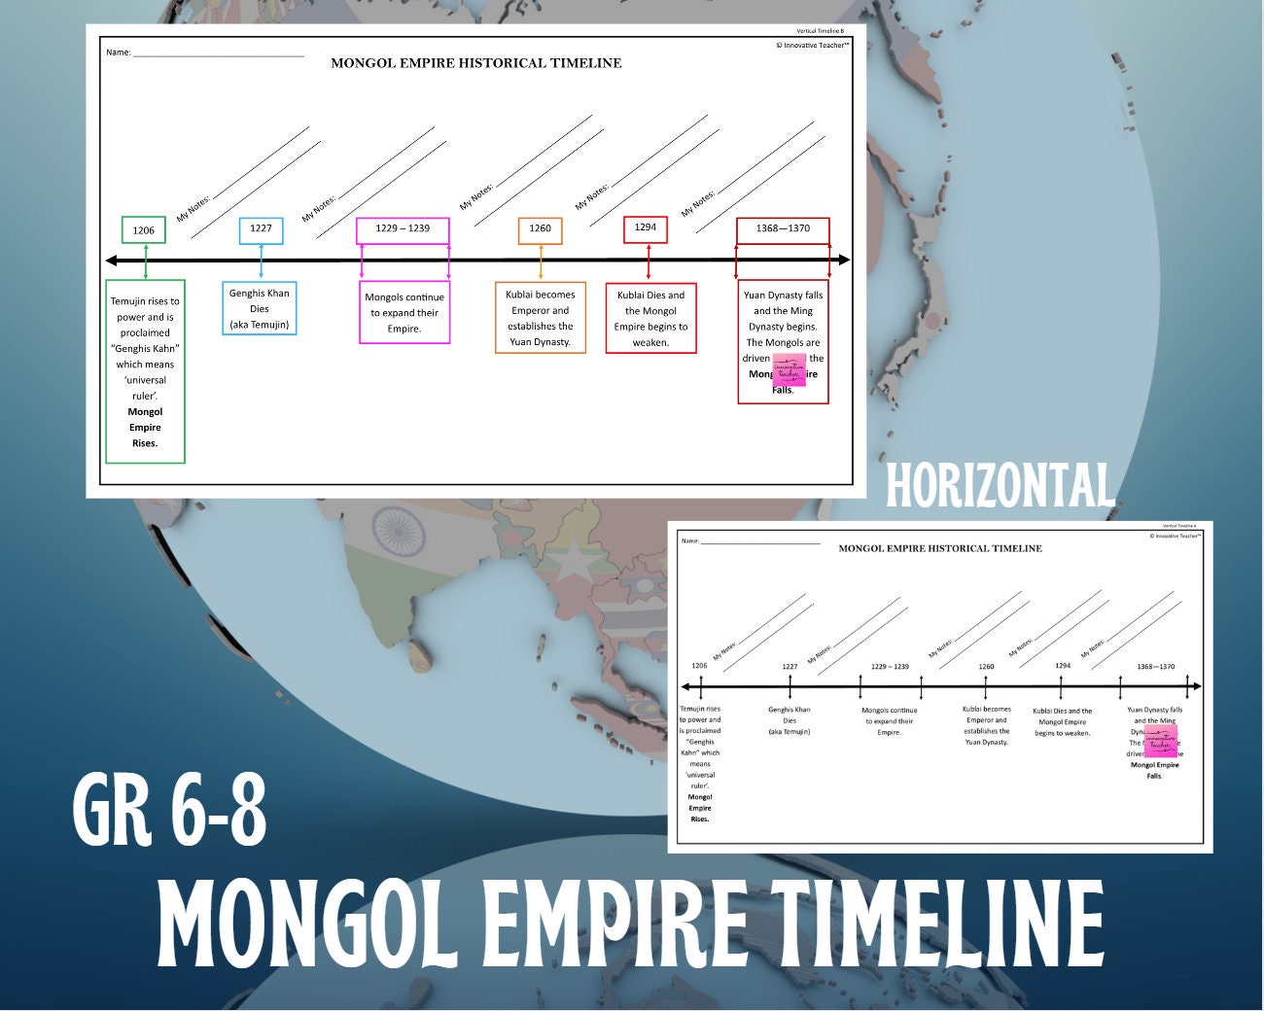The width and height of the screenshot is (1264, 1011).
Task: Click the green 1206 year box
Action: coord(144,230)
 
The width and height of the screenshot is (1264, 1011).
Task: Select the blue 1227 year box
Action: coord(261,229)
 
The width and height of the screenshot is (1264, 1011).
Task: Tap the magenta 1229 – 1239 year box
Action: coord(403,229)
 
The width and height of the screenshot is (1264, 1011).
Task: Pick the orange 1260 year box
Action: coord(540,229)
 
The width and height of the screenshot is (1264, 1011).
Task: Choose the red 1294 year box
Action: coord(646,228)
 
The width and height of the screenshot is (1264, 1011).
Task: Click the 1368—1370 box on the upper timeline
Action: coord(783,229)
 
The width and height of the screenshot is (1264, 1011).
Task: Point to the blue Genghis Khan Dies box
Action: coord(260,308)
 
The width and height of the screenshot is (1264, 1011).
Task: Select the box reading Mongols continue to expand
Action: coord(404,313)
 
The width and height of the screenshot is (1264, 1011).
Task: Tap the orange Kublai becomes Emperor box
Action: coord(541,318)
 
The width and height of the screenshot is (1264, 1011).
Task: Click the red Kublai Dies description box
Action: coord(650,318)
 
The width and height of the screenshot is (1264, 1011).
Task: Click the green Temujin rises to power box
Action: coord(145,372)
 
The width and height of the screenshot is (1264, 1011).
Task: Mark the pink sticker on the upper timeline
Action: coord(789,370)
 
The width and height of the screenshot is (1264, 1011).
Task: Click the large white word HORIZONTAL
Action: coord(1000,486)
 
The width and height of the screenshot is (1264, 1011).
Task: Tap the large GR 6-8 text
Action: coord(170,807)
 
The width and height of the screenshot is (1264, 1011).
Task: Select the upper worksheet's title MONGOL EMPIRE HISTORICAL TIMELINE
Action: coord(475,63)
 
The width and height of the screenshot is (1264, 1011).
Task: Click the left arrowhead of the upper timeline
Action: coord(112,261)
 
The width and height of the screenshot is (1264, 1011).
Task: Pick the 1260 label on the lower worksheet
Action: coord(986,667)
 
